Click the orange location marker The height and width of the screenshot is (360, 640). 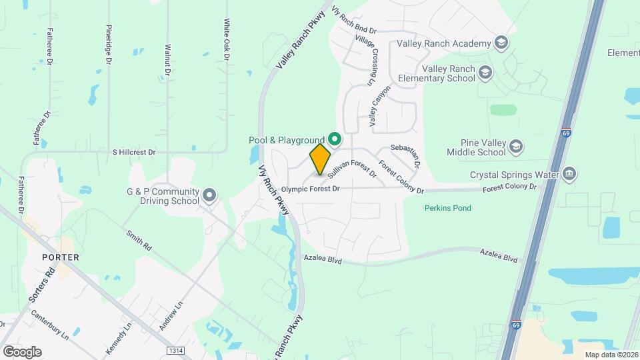click(320, 159)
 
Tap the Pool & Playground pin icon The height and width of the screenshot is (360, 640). click(335, 139)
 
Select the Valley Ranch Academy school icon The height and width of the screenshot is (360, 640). click(501, 44)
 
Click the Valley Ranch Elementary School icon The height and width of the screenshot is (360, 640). click(485, 73)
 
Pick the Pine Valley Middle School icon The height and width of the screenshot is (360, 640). click(515, 147)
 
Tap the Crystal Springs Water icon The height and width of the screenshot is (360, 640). click(569, 175)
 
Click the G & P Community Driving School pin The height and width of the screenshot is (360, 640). click(210, 195)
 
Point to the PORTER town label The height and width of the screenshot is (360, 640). click(60, 257)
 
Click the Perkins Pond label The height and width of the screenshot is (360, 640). click(448, 208)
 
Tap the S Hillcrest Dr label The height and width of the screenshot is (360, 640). click(133, 152)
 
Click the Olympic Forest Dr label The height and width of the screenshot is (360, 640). click(310, 189)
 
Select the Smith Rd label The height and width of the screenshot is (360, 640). click(139, 241)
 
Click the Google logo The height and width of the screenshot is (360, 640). click(22, 351)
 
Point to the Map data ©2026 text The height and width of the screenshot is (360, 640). click(611, 355)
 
